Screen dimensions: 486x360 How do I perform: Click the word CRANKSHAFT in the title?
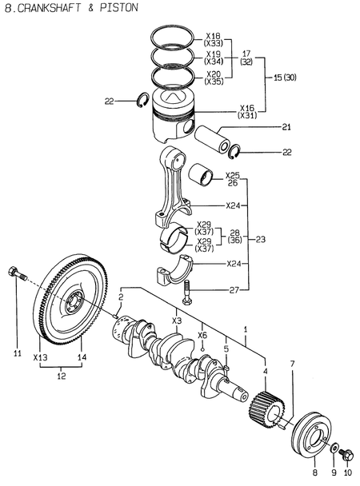50,7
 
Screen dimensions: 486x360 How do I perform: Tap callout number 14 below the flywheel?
81,357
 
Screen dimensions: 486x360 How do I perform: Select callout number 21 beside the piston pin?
286,126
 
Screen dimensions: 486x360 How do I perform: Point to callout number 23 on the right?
262,238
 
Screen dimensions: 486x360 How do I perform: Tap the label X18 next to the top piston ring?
214,36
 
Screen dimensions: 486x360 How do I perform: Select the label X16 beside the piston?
247,107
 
